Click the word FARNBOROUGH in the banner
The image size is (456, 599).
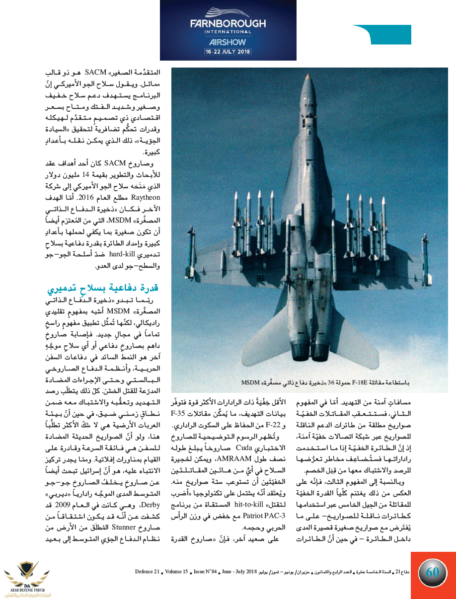click(x=228, y=23)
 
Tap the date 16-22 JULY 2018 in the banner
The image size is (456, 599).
click(x=228, y=51)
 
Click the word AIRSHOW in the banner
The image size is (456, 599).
click(x=228, y=42)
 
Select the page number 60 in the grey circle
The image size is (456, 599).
click(x=433, y=572)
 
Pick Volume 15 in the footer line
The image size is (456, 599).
click(x=176, y=572)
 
